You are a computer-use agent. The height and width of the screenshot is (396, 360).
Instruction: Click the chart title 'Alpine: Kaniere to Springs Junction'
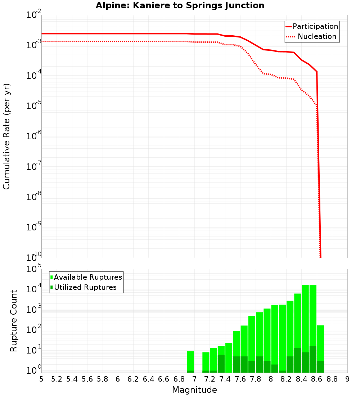pos(180,6)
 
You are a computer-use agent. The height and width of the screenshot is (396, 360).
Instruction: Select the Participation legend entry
pos(312,26)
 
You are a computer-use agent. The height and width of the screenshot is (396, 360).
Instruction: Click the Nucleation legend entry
pos(312,36)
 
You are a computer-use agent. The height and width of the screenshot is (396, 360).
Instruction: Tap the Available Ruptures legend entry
pos(86,277)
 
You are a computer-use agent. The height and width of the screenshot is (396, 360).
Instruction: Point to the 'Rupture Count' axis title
pos(14,320)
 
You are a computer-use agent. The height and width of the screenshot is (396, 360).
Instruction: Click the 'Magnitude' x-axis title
pos(194,390)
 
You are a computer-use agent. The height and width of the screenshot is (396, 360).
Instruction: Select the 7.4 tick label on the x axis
pos(225,379)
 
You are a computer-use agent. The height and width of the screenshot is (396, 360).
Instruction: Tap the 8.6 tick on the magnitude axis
pos(317,379)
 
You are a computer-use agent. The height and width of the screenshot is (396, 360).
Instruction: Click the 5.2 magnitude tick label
pos(57,379)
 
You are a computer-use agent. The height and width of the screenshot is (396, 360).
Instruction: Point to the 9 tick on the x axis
pos(347,379)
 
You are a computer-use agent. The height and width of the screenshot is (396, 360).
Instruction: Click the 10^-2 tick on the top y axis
pos(34,15)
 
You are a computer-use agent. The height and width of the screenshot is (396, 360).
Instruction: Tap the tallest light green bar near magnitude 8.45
pos(305,317)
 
